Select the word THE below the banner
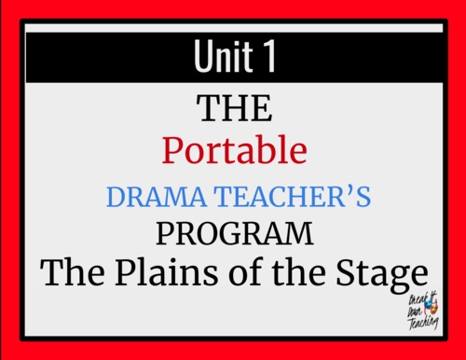(x=234, y=111)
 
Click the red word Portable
(x=233, y=151)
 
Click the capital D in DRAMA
(x=116, y=197)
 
